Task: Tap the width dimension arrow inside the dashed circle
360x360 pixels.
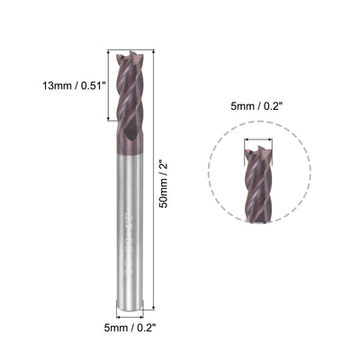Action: [257, 140]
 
